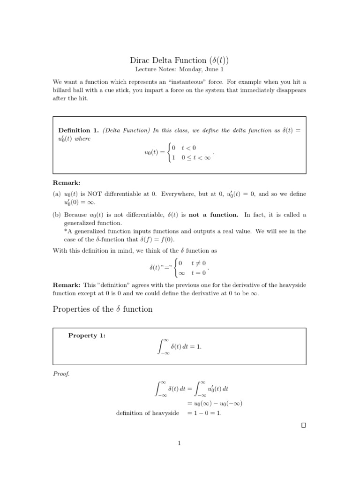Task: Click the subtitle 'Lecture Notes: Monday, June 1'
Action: click(x=180, y=69)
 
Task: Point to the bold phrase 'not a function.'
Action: click(x=213, y=215)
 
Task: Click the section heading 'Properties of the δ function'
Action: click(x=102, y=309)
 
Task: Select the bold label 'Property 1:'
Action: click(x=87, y=335)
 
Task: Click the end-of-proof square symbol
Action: click(x=303, y=425)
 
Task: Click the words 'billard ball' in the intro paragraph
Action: click(x=69, y=90)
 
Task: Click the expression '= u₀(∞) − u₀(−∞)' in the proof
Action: click(x=214, y=404)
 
